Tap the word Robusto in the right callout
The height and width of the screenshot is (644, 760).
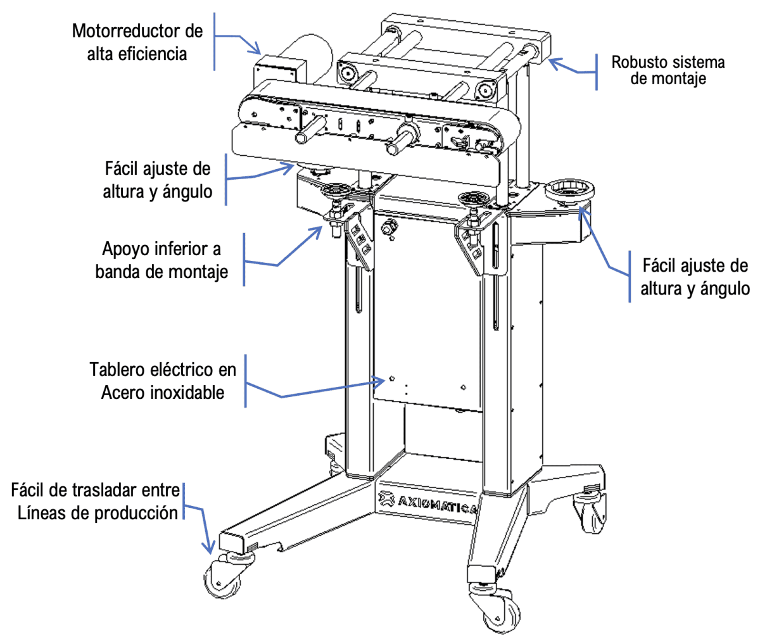(x=638, y=63)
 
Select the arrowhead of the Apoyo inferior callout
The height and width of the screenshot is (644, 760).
(x=320, y=229)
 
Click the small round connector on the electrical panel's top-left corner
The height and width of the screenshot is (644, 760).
(x=389, y=227)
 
